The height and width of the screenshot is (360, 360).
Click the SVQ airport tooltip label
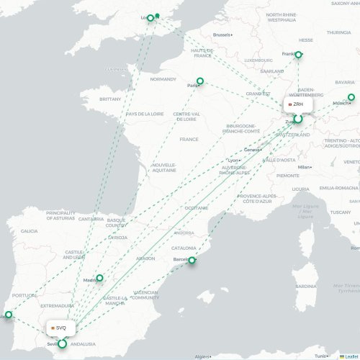click(x=58, y=328)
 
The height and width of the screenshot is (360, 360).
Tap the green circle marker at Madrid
click(x=99, y=278)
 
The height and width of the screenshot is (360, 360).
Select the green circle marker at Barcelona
click(x=192, y=260)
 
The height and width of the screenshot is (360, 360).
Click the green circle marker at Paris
click(x=200, y=81)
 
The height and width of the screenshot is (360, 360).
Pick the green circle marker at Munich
click(x=351, y=97)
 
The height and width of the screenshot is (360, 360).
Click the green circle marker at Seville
click(x=63, y=344)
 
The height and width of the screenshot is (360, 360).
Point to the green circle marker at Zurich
click(x=297, y=118)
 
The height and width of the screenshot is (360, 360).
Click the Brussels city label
click(x=222, y=35)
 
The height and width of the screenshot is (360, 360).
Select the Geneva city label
click(x=252, y=149)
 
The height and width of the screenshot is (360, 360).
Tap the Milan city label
click(x=304, y=166)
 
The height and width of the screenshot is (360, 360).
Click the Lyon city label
click(x=233, y=160)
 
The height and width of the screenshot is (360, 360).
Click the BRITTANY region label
click(x=111, y=99)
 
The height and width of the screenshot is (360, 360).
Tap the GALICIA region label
click(x=30, y=231)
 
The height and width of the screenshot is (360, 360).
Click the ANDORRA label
click(x=184, y=233)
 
